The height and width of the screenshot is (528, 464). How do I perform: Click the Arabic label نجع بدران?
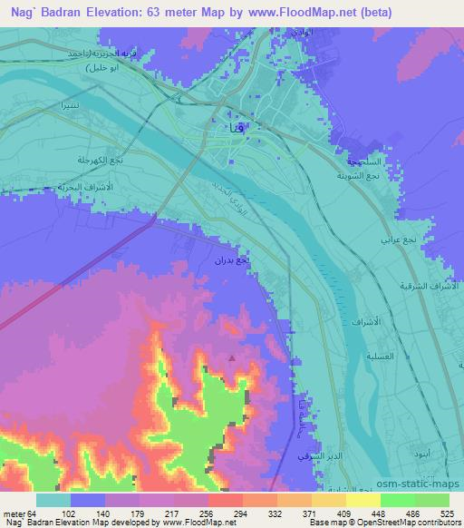[x=230, y=261]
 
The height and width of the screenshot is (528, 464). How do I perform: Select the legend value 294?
[x=239, y=513]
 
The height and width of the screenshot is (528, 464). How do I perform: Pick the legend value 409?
[x=343, y=513]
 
